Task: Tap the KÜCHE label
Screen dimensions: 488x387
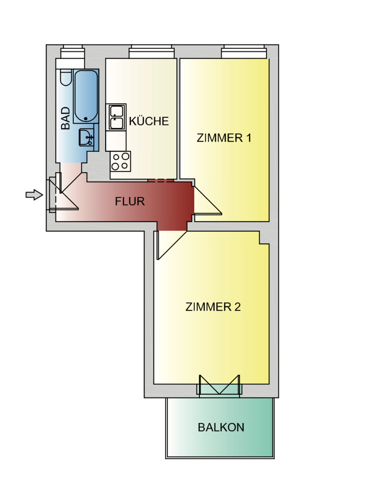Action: [x=148, y=121]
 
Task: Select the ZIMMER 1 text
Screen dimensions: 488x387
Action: [x=224, y=138]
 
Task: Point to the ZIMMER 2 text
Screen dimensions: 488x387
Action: [x=213, y=307]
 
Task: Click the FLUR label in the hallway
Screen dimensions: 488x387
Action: [x=130, y=201]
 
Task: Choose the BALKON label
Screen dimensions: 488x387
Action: [x=221, y=428]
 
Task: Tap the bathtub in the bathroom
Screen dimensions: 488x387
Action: [x=85, y=97]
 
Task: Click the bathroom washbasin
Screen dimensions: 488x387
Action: [x=85, y=137]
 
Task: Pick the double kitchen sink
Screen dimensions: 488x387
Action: [x=116, y=117]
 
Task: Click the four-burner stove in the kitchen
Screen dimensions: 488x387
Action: [x=120, y=161]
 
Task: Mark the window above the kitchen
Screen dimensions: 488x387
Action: [x=152, y=51]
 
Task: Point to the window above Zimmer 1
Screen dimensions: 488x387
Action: [x=244, y=51]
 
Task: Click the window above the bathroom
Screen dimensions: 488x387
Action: [x=71, y=51]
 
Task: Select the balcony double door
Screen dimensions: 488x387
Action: [x=219, y=387]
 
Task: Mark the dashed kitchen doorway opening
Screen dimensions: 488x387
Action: [x=161, y=180]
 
